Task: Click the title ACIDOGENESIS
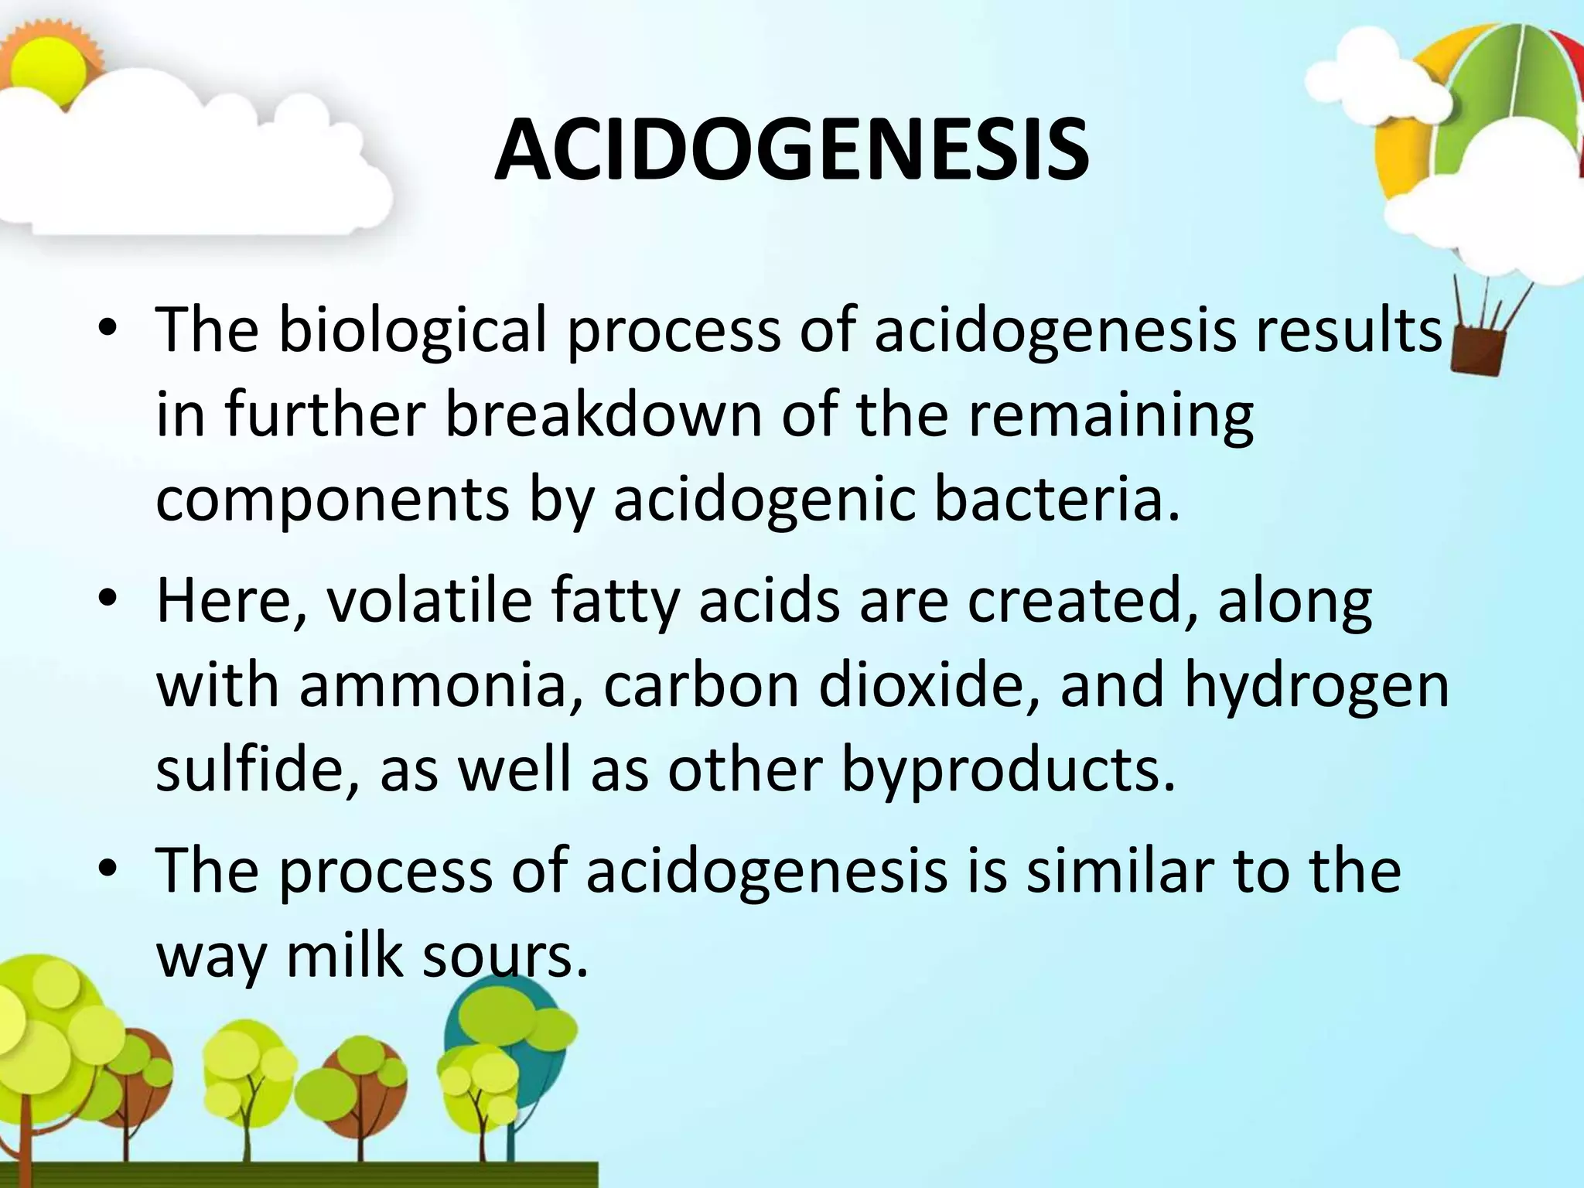pos(791,151)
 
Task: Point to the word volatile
pos(428,602)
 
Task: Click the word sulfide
pos(257,770)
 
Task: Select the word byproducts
pos(1007,772)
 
